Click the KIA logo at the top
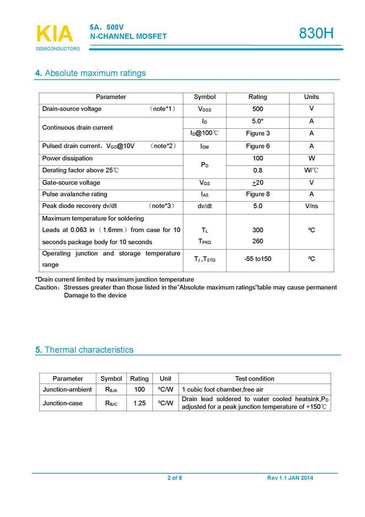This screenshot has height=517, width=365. click(54, 35)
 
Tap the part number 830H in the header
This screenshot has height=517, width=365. click(316, 34)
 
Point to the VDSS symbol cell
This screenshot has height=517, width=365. click(205, 109)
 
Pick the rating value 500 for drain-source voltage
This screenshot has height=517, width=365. click(257, 109)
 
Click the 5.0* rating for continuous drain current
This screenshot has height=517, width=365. click(257, 121)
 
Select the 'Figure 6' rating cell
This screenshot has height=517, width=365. click(257, 146)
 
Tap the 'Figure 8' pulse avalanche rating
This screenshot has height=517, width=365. click(257, 194)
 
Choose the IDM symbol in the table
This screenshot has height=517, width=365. click(205, 147)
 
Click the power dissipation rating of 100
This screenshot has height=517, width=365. click(257, 159)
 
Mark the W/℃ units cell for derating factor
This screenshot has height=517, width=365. click(312, 170)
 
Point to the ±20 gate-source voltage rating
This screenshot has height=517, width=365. click(257, 182)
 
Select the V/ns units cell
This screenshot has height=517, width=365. click(312, 206)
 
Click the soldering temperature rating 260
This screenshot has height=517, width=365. click(257, 241)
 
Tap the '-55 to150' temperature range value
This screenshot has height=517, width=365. click(257, 259)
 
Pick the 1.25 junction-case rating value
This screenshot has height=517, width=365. click(139, 403)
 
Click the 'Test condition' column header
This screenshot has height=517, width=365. click(254, 378)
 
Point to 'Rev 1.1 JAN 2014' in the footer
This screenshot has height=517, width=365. click(289, 478)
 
